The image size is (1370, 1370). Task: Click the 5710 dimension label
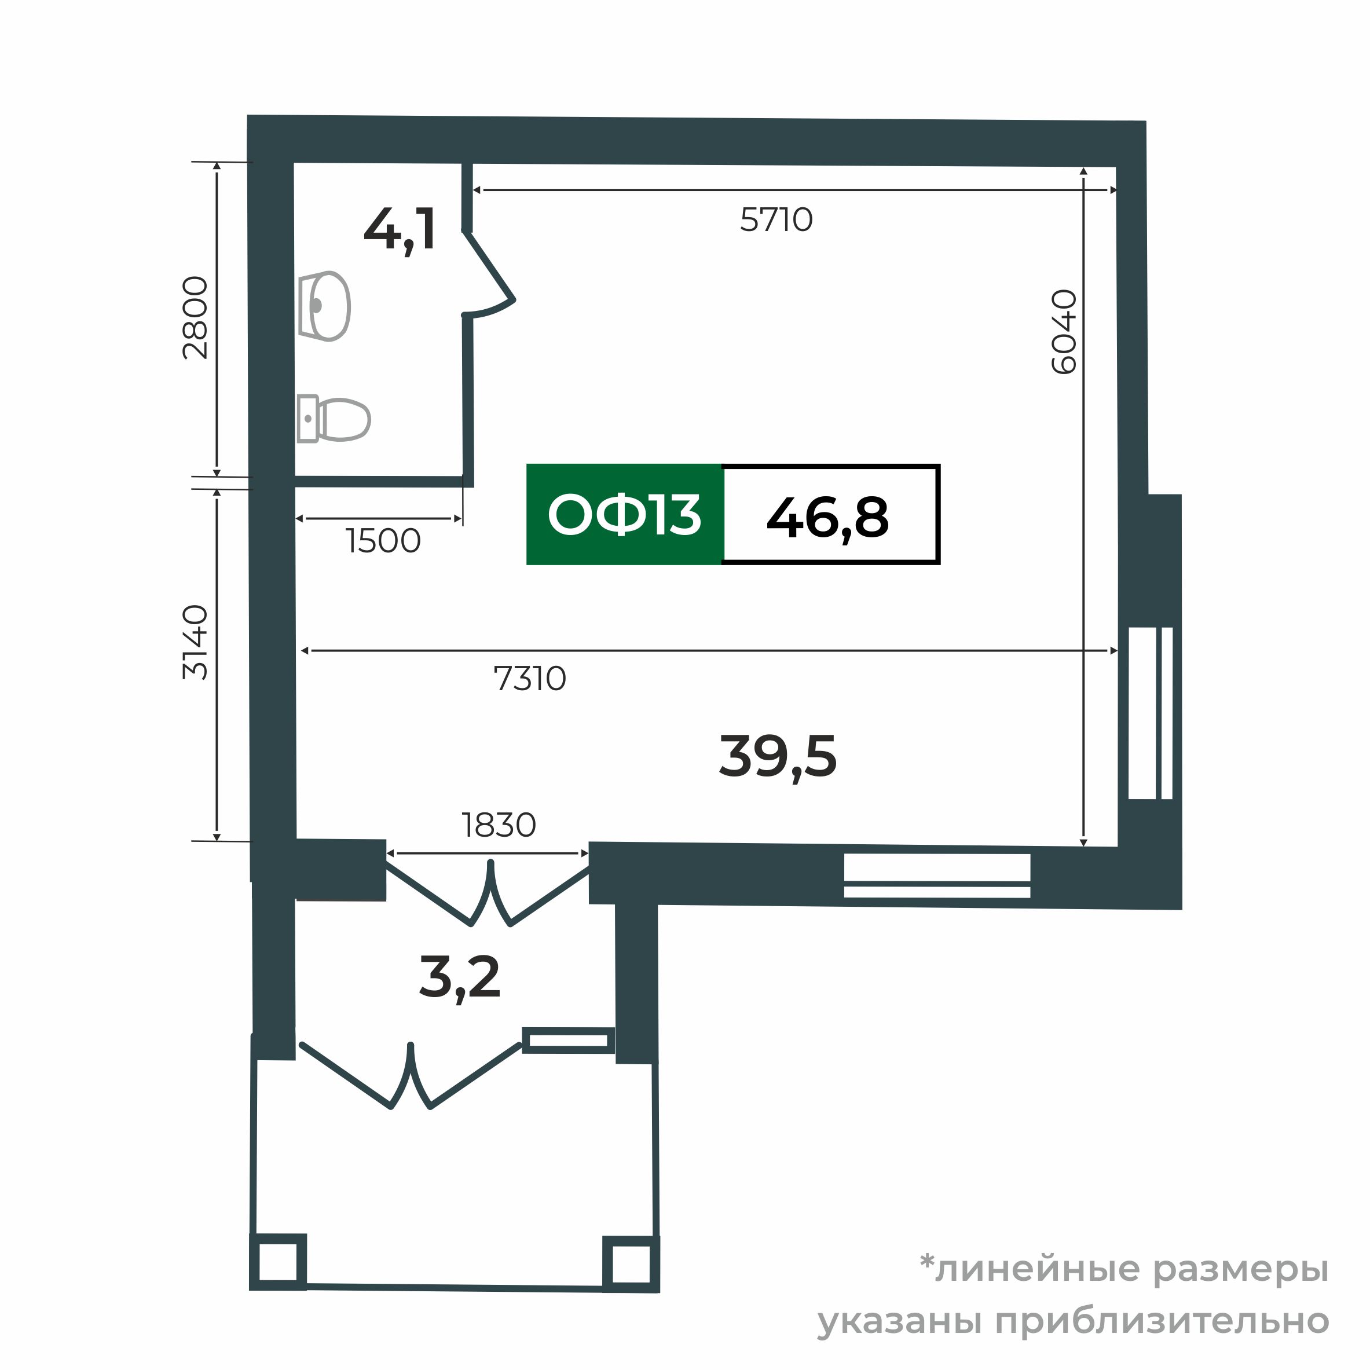(776, 221)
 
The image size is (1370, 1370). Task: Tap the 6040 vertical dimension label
(1064, 331)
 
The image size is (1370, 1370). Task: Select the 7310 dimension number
(530, 679)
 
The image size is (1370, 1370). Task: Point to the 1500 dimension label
(383, 541)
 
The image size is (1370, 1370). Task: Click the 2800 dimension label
(196, 318)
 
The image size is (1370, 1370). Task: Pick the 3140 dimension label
(196, 643)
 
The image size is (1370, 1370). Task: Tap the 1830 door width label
(499, 825)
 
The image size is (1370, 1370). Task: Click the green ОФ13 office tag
(624, 515)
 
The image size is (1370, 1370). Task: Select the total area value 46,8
(827, 518)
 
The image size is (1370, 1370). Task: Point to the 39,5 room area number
(777, 757)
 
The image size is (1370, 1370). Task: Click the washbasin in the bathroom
(325, 306)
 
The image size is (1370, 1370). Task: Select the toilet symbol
(334, 419)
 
